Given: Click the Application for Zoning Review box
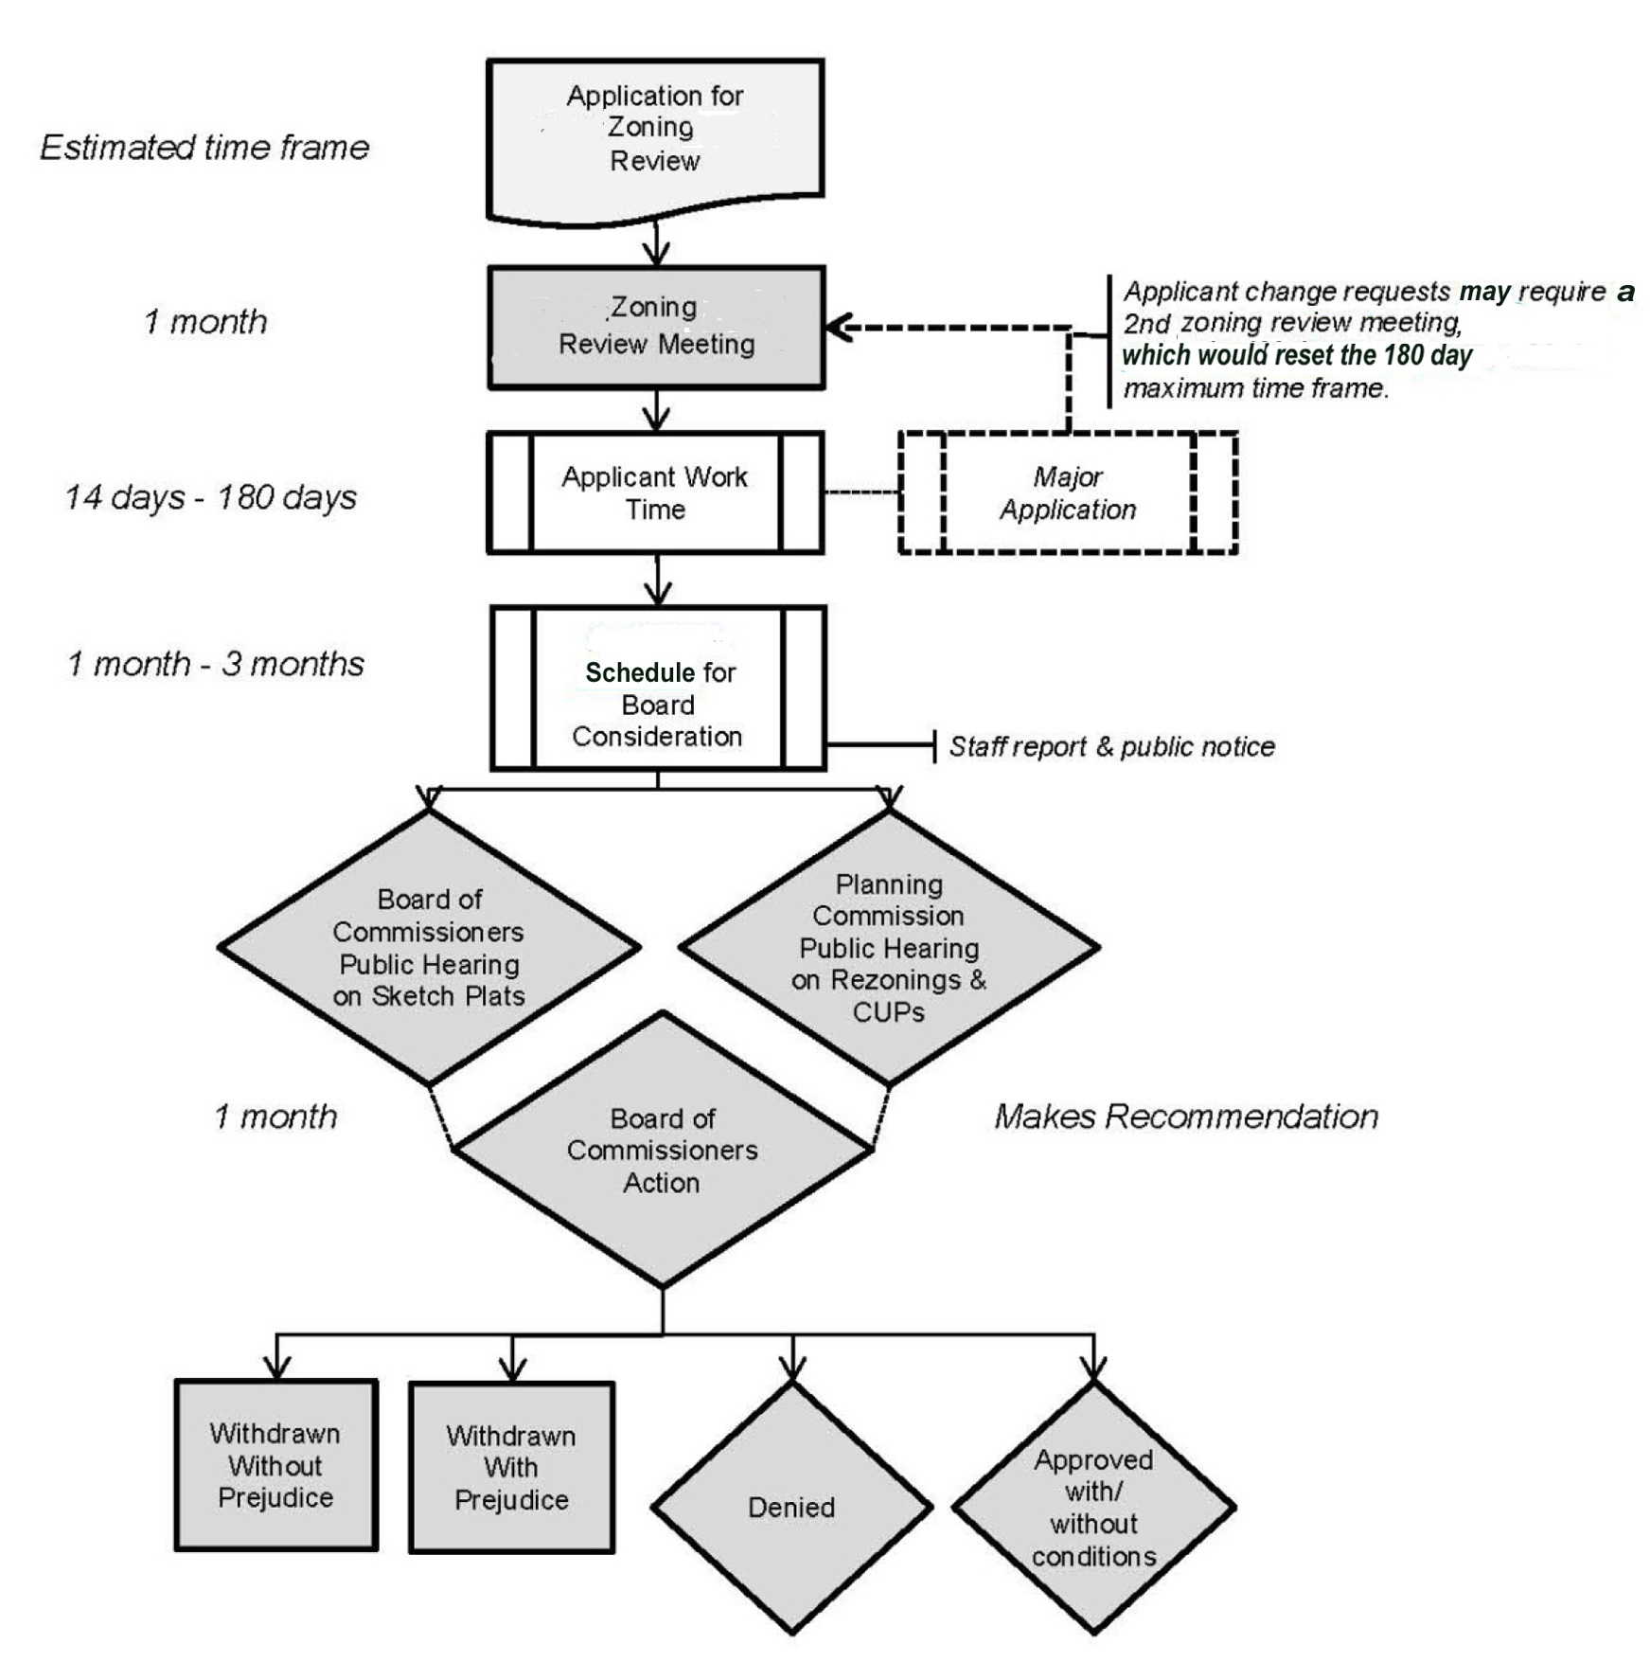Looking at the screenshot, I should pyautogui.click(x=655, y=133).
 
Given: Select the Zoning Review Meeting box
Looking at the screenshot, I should pyautogui.click(x=656, y=328).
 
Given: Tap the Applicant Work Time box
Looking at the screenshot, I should pyautogui.click(x=655, y=492).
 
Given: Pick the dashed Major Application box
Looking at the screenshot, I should pyautogui.click(x=1068, y=492).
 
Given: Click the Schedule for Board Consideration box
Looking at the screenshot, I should pyautogui.click(x=658, y=688).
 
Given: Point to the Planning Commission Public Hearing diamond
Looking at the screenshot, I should pyautogui.click(x=889, y=947).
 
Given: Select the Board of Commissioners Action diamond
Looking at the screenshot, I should pyautogui.click(x=662, y=1150).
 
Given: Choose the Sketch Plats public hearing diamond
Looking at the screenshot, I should pyautogui.click(x=429, y=947).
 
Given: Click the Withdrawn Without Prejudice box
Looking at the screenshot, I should pyautogui.click(x=275, y=1465).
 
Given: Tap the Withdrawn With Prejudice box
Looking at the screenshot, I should pyautogui.click(x=511, y=1468).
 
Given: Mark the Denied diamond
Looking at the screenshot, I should pyautogui.click(x=791, y=1507).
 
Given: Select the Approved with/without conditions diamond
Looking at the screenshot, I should pyautogui.click(x=1093, y=1507).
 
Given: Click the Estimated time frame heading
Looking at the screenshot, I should pyautogui.click(x=204, y=148).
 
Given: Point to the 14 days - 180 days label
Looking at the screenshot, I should pyautogui.click(x=210, y=497).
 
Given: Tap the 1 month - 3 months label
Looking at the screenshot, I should pyautogui.click(x=215, y=664).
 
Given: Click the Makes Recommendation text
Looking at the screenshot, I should pyautogui.click(x=1186, y=1117).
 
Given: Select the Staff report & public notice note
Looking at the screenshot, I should pyautogui.click(x=1112, y=747).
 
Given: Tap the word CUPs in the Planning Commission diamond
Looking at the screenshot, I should pyautogui.click(x=888, y=1012).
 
